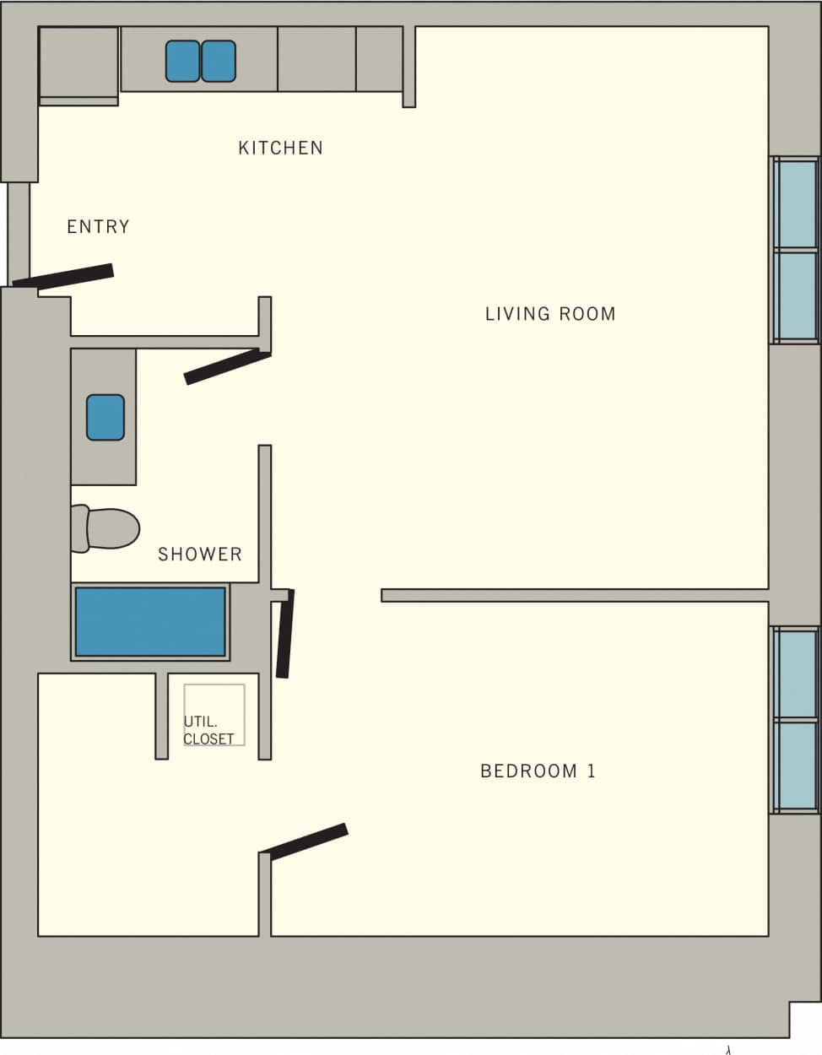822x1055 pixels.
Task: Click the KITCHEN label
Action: [x=280, y=148]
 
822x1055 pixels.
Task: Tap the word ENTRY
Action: [x=98, y=227]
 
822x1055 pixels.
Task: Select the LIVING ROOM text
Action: [x=549, y=314]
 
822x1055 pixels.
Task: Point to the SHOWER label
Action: [x=200, y=555]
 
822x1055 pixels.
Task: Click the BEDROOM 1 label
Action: [x=538, y=771]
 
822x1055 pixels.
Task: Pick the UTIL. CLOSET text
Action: [x=208, y=730]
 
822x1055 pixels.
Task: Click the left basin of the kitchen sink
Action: [x=182, y=62]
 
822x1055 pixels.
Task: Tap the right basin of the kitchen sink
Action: [x=219, y=62]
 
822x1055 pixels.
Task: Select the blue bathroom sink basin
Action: [x=105, y=417]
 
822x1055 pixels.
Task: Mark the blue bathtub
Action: [x=150, y=622]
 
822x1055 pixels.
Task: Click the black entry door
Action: [x=63, y=277]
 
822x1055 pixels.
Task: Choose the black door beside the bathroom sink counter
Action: [x=227, y=367]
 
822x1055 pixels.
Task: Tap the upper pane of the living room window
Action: [x=797, y=203]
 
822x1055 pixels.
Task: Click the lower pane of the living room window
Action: [x=797, y=295]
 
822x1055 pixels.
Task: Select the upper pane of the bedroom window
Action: [x=797, y=674]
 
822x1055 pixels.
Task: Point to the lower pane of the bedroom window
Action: [x=797, y=766]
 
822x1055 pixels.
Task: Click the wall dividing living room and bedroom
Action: [x=574, y=595]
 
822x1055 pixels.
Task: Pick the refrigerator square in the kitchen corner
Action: [x=78, y=62]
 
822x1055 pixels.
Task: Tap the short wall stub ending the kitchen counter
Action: [x=408, y=67]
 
